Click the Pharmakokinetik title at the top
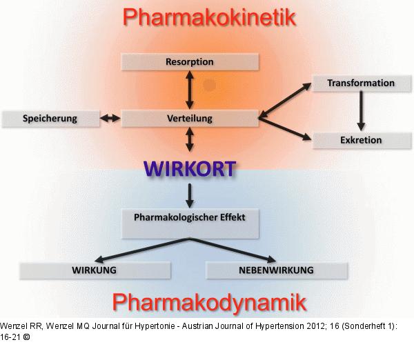click(208, 17)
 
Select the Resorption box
click(189, 62)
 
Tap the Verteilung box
click(189, 119)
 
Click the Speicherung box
click(49, 119)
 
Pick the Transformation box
click(361, 83)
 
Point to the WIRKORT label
click(189, 168)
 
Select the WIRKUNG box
click(94, 270)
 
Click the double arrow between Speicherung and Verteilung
click(110, 119)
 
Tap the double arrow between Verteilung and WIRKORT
click(190, 141)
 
